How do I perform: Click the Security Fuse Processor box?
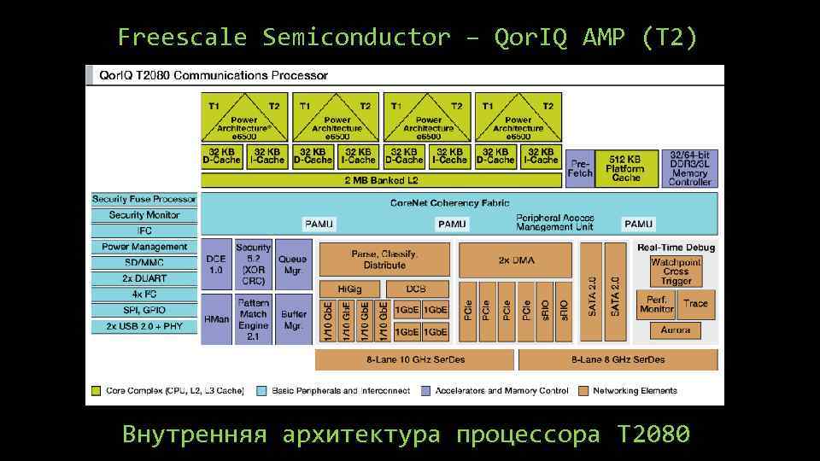tap(144, 199)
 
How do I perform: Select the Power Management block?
tap(144, 247)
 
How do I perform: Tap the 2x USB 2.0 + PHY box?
tap(144, 326)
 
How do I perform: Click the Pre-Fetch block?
tap(579, 168)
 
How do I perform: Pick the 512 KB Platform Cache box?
tap(625, 168)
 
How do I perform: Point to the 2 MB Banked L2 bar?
tap(381, 181)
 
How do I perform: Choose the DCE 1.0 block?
tap(215, 265)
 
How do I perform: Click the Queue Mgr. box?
tap(293, 265)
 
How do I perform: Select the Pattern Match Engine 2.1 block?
tap(254, 319)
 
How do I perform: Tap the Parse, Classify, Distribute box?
tap(384, 260)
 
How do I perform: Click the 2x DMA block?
tap(515, 260)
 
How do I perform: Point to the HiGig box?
tap(349, 289)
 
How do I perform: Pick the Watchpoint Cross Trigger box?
tap(676, 271)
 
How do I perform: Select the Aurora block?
tap(676, 330)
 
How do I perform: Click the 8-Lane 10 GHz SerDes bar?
tap(415, 359)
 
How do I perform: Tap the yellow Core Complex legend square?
tap(97, 391)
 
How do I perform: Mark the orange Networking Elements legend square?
tap(583, 391)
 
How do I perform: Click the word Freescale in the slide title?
tap(182, 38)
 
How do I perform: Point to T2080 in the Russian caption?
tap(652, 435)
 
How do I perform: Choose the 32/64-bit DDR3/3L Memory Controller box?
tap(689, 168)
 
